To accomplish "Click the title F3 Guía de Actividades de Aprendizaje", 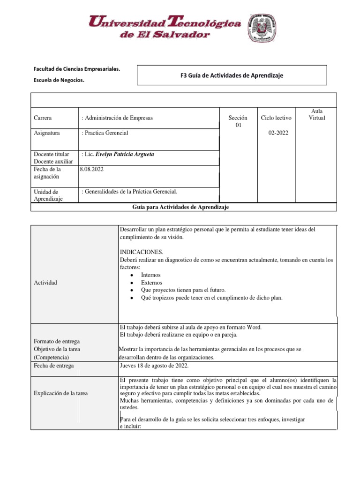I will [232, 75].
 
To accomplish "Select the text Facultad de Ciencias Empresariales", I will [77, 69].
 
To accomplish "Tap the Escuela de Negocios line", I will [59, 80].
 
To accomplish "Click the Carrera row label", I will [43, 118].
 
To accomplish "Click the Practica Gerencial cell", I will [106, 133].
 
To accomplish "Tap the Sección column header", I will [238, 118].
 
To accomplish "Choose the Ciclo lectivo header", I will [276, 118].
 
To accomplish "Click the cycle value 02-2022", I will [278, 133].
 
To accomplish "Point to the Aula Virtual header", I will [317, 114].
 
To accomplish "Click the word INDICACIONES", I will [142, 252].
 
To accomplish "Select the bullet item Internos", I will [150, 275].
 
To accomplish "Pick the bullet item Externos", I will [151, 283].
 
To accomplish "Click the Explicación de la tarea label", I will [60, 393].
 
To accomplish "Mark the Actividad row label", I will [46, 283].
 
